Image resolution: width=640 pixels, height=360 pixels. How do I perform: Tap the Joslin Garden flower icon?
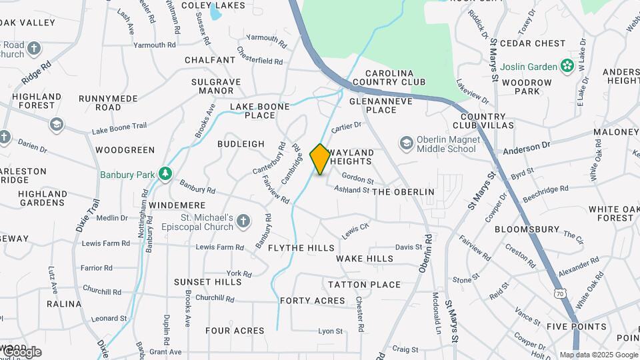tap(567, 66)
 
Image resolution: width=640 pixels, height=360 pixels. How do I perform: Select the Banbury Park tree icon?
tap(165, 175)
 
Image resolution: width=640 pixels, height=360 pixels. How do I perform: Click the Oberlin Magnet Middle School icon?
tap(406, 143)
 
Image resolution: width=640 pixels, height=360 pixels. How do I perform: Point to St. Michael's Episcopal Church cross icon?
tap(243, 221)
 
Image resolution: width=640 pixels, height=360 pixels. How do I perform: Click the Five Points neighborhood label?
tap(577, 327)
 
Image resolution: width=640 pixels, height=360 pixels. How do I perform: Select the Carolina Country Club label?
tap(389, 77)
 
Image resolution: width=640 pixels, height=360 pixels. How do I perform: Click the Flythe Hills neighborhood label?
tap(301, 248)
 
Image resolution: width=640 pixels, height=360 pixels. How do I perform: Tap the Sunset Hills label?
tap(208, 282)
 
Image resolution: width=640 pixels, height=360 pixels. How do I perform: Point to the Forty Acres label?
tap(313, 301)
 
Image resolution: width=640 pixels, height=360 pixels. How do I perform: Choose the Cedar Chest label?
tap(532, 43)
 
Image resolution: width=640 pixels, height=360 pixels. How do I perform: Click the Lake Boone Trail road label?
tap(119, 127)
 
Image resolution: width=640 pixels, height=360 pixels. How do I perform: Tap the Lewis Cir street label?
tap(355, 231)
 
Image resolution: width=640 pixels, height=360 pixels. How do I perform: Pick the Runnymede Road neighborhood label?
tap(108, 103)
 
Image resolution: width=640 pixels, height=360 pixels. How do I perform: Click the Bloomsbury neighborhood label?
tap(527, 229)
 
